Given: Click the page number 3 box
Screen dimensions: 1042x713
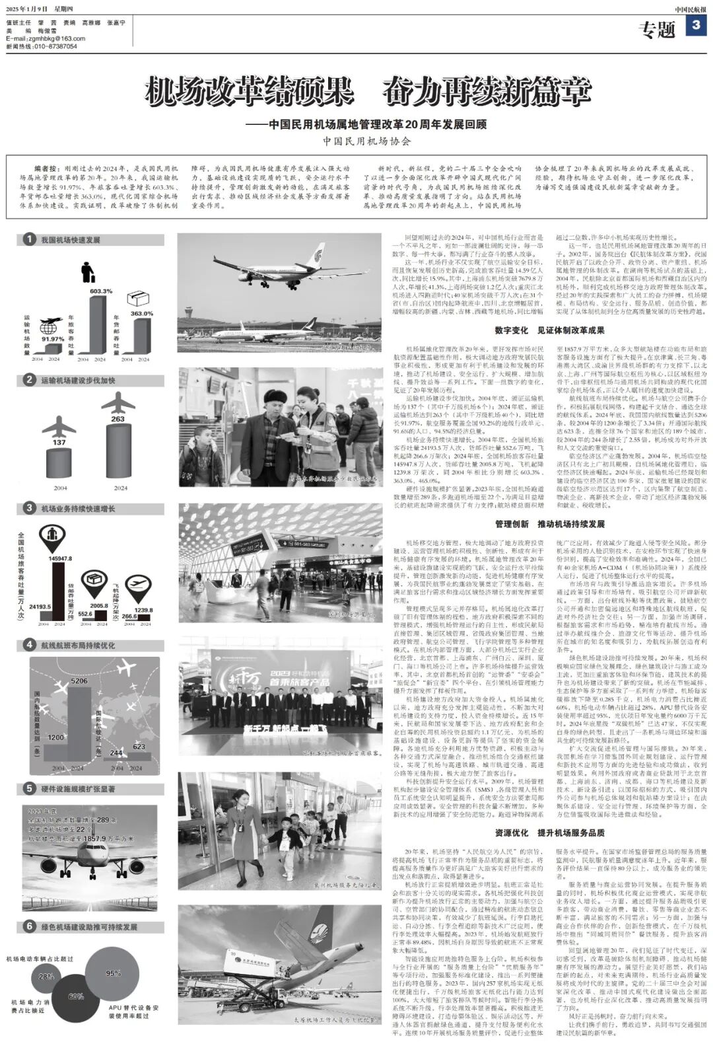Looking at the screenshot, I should click(696, 26).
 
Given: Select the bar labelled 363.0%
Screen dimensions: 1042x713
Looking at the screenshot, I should click(141, 336).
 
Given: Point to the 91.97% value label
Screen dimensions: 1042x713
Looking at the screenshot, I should click(53, 339).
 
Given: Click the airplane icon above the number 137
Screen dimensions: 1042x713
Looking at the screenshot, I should click(59, 427).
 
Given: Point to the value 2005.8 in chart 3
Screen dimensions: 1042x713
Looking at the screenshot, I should click(100, 605).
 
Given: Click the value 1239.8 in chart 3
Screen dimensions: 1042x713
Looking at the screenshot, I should click(143, 611).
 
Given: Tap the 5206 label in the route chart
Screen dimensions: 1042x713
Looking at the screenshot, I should click(79, 681).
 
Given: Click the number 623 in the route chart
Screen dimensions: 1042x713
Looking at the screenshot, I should click(139, 747).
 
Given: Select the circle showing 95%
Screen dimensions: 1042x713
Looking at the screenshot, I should click(113, 973).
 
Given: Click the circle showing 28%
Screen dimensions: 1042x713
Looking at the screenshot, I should click(46, 976).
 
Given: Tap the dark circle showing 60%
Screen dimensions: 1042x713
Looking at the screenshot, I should click(76, 996).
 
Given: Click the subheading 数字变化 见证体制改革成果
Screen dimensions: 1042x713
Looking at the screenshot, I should click(549, 330).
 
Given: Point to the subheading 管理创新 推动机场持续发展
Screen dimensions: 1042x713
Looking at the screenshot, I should click(549, 524).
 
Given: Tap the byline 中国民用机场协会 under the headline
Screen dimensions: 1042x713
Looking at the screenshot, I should click(367, 141).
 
